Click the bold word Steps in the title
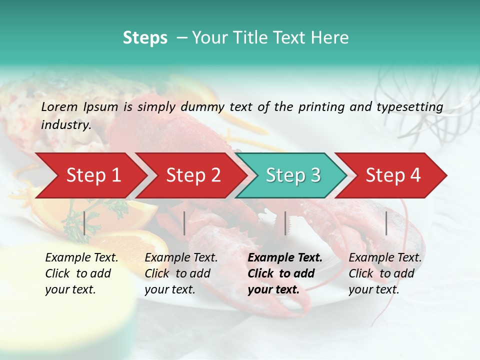tap(145, 38)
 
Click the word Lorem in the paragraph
tap(59, 106)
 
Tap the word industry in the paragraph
tap(65, 124)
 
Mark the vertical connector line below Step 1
tap(84, 223)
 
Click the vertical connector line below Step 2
tap(184, 223)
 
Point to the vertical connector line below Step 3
tap(285, 223)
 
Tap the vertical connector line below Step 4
tap(386, 223)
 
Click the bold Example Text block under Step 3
tap(284, 273)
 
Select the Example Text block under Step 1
tap(81, 273)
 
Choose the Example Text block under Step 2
tap(180, 273)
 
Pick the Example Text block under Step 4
tap(384, 273)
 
